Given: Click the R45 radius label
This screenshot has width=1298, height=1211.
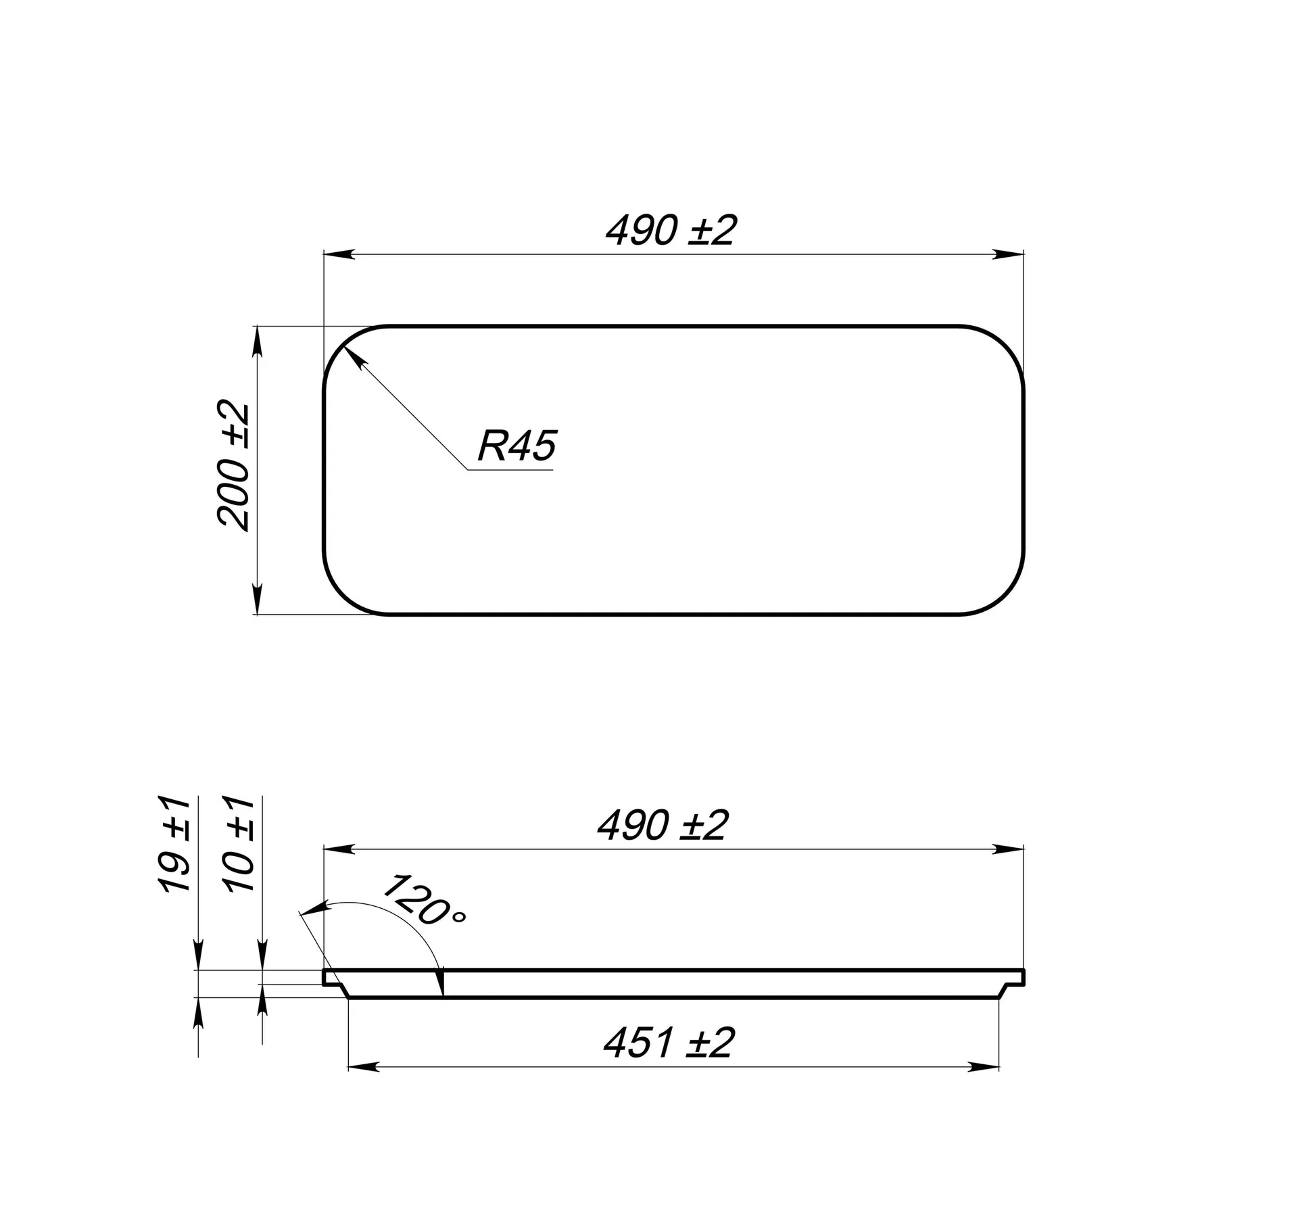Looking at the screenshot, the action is (516, 446).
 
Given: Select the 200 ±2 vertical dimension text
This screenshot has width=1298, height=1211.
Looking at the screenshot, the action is (234, 467).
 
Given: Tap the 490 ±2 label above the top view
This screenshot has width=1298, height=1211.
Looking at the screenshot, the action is (670, 230).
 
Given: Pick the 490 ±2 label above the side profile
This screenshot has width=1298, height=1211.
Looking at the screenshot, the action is (663, 825).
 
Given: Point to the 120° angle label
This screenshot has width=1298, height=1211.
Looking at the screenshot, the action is (425, 900).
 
